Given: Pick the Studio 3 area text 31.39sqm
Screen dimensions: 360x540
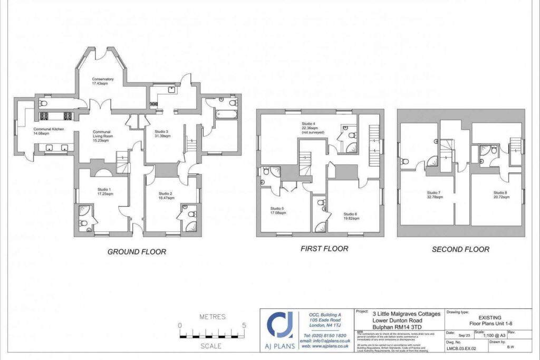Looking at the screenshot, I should pyautogui.click(x=161, y=136).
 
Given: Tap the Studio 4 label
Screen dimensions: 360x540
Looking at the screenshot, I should pyautogui.click(x=310, y=123).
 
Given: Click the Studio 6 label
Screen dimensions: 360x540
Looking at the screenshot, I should pyautogui.click(x=350, y=214).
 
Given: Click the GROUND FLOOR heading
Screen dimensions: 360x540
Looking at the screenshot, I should pyautogui.click(x=137, y=252).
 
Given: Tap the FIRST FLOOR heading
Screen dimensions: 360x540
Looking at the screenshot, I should pyautogui.click(x=324, y=249).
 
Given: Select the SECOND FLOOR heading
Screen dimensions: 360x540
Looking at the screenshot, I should pyautogui.click(x=460, y=249).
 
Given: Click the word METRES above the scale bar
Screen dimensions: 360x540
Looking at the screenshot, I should pyautogui.click(x=212, y=317).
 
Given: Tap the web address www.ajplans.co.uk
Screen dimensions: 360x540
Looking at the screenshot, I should pyautogui.click(x=327, y=347).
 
